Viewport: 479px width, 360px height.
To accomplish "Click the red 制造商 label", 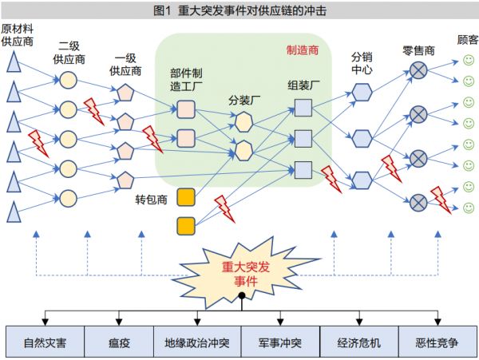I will coord(303,50).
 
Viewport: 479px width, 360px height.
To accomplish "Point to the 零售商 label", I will coord(418,50).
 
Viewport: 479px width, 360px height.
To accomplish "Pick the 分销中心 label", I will coord(362,63).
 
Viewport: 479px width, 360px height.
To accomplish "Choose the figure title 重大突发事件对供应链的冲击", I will coord(239,12).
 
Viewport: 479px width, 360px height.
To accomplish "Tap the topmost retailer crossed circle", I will coord(418,71).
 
